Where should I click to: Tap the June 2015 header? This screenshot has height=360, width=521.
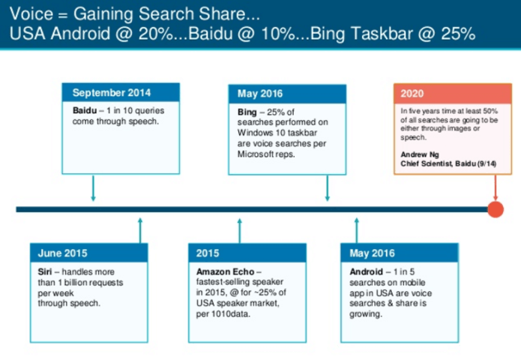coord(88,253)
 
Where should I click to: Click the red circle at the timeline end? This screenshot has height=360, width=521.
coord(495,208)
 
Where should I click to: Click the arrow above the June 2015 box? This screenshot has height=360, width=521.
coord(139,229)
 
